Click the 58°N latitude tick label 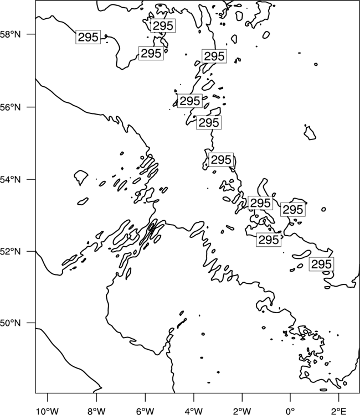tap(10, 34)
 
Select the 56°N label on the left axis tap(10, 107)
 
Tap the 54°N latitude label tap(10, 180)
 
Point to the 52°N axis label tap(10, 251)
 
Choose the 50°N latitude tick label tap(10, 323)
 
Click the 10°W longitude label tap(48, 411)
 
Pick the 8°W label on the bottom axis tap(96, 411)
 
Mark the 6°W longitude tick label tap(145, 411)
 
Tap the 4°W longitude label tap(194, 411)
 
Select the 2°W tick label tap(242, 411)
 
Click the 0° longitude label tap(290, 411)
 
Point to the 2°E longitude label tap(339, 411)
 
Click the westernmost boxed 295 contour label tap(88, 37)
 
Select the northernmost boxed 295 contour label tap(163, 25)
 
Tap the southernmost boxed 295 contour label tap(321, 264)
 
